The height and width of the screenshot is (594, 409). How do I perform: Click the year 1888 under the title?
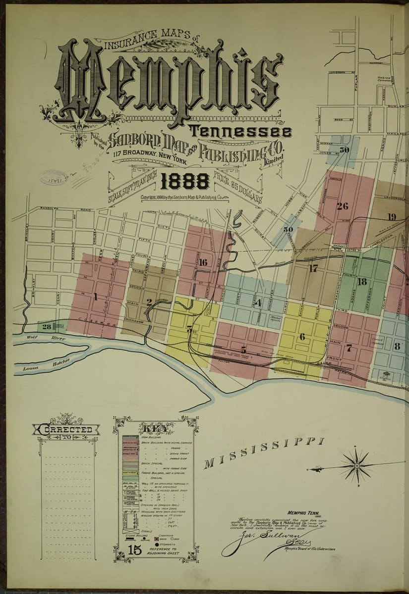point(184,182)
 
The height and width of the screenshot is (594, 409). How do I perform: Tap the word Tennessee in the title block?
point(242,133)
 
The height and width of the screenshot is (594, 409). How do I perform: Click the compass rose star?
point(356,466)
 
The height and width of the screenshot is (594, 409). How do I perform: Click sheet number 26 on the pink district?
point(342,206)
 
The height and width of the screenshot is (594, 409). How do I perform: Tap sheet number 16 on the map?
point(202,262)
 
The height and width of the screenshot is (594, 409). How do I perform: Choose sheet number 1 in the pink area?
point(96,297)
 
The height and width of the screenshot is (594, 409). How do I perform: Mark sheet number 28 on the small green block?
point(47,327)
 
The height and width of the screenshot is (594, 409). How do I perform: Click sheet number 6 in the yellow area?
point(302,337)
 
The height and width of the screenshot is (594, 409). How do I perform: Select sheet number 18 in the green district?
point(362,282)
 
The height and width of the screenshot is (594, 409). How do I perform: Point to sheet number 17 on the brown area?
point(313,269)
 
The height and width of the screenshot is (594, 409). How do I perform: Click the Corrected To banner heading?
point(66,430)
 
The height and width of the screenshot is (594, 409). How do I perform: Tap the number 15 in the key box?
point(134,549)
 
